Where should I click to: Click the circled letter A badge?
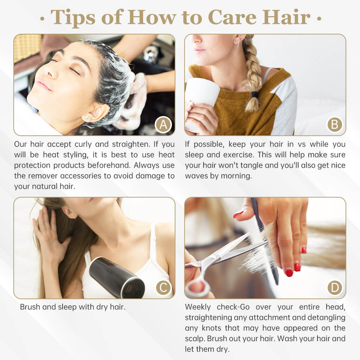coord(163,125)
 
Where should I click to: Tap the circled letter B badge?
coord(335,125)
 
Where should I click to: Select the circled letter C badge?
coord(164,287)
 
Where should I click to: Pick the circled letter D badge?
coord(335,287)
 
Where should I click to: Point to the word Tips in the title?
coord(73,18)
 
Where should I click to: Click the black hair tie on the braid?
coord(255,94)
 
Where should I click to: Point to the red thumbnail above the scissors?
coord(238,215)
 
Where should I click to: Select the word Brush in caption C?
coord(30,307)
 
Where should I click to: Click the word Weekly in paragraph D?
coord(198,307)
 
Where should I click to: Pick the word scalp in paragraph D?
coord(195,339)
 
